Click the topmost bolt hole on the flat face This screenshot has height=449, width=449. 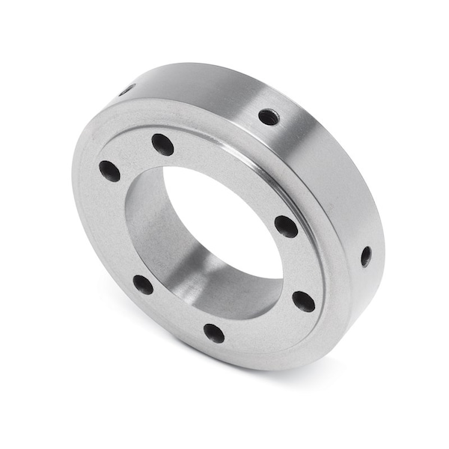[x=162, y=144]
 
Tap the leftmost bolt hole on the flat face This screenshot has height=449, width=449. [x=109, y=171]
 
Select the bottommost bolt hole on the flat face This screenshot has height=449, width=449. [x=214, y=333]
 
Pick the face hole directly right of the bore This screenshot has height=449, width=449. [x=286, y=226]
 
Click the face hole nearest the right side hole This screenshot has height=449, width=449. [x=303, y=301]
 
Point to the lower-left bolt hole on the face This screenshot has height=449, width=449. [x=143, y=284]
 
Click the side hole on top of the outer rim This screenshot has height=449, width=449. [x=269, y=117]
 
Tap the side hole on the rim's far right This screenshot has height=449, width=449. [x=365, y=256]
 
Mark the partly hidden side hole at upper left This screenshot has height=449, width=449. [x=126, y=90]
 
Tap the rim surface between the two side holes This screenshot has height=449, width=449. [x=329, y=180]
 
